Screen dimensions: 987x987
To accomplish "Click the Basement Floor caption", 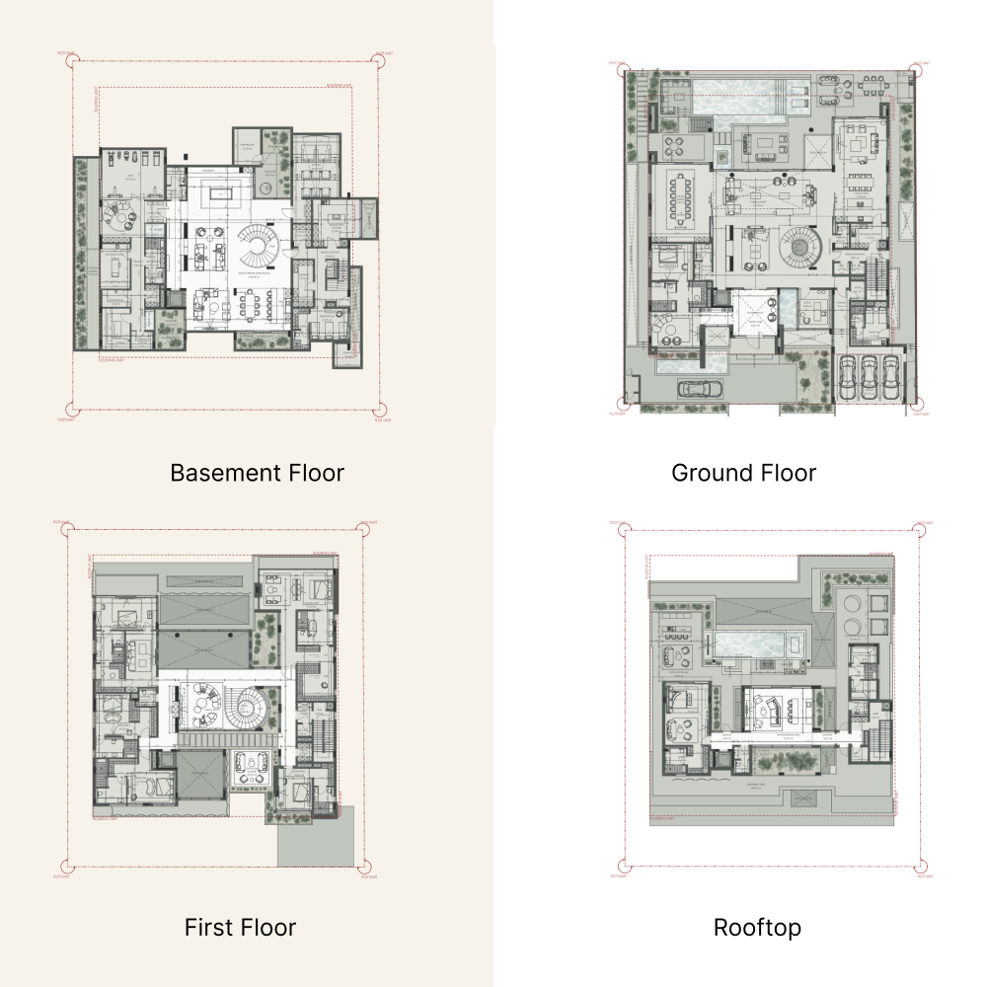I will click(x=257, y=473).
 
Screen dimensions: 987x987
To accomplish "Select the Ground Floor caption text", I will click(x=743, y=473).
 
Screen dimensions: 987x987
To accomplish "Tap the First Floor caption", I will click(x=240, y=928).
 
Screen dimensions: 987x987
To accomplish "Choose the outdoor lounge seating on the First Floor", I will click(x=252, y=767).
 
